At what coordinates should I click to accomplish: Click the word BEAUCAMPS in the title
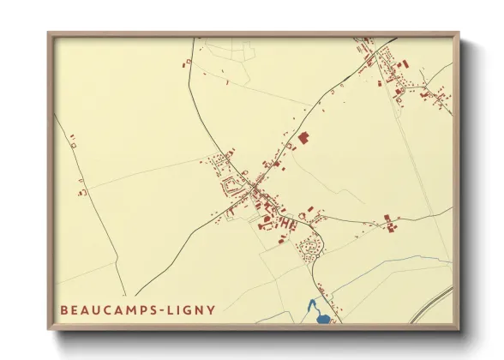102,309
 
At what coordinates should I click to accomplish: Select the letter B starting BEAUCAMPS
63,309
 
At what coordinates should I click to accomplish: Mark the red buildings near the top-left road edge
184,62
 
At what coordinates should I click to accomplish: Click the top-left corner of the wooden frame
49,33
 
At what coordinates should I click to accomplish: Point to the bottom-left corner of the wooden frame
49,330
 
